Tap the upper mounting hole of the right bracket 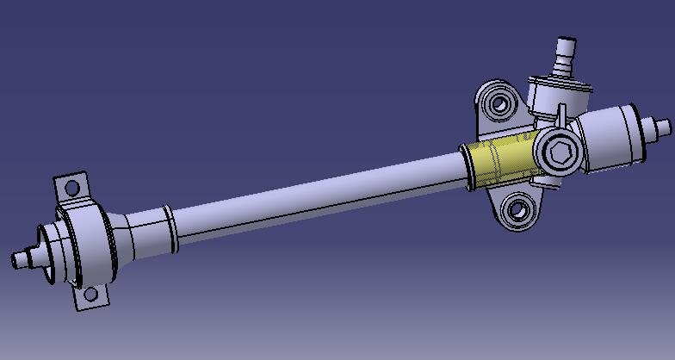(x=498, y=105)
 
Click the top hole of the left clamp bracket (x=72, y=187)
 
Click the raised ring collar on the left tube (x=170, y=226)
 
